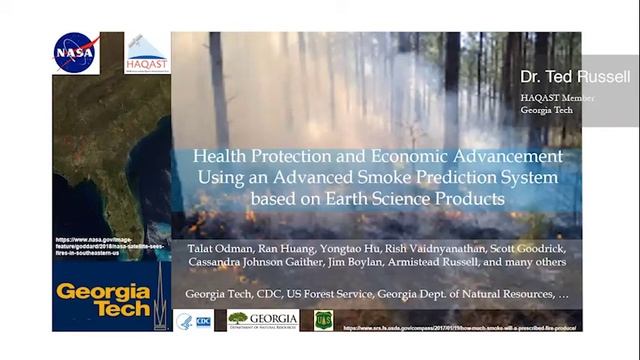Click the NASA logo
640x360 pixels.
[x=77, y=53]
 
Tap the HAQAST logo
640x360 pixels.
[x=147, y=55]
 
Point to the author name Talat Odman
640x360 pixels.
[x=216, y=246]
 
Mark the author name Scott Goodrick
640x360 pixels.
[x=525, y=246]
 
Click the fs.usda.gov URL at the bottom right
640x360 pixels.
[x=462, y=327]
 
